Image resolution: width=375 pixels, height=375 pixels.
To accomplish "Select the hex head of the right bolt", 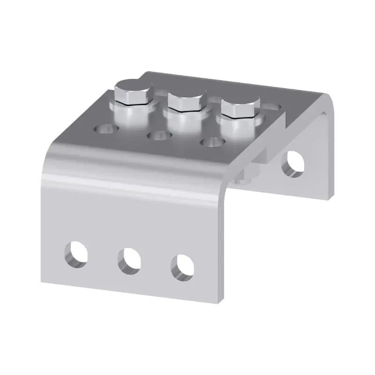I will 240,106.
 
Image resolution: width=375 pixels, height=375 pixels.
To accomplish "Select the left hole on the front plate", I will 76,253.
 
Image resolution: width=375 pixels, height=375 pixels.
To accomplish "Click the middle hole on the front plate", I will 129,261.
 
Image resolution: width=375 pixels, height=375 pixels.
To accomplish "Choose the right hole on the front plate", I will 182,267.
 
